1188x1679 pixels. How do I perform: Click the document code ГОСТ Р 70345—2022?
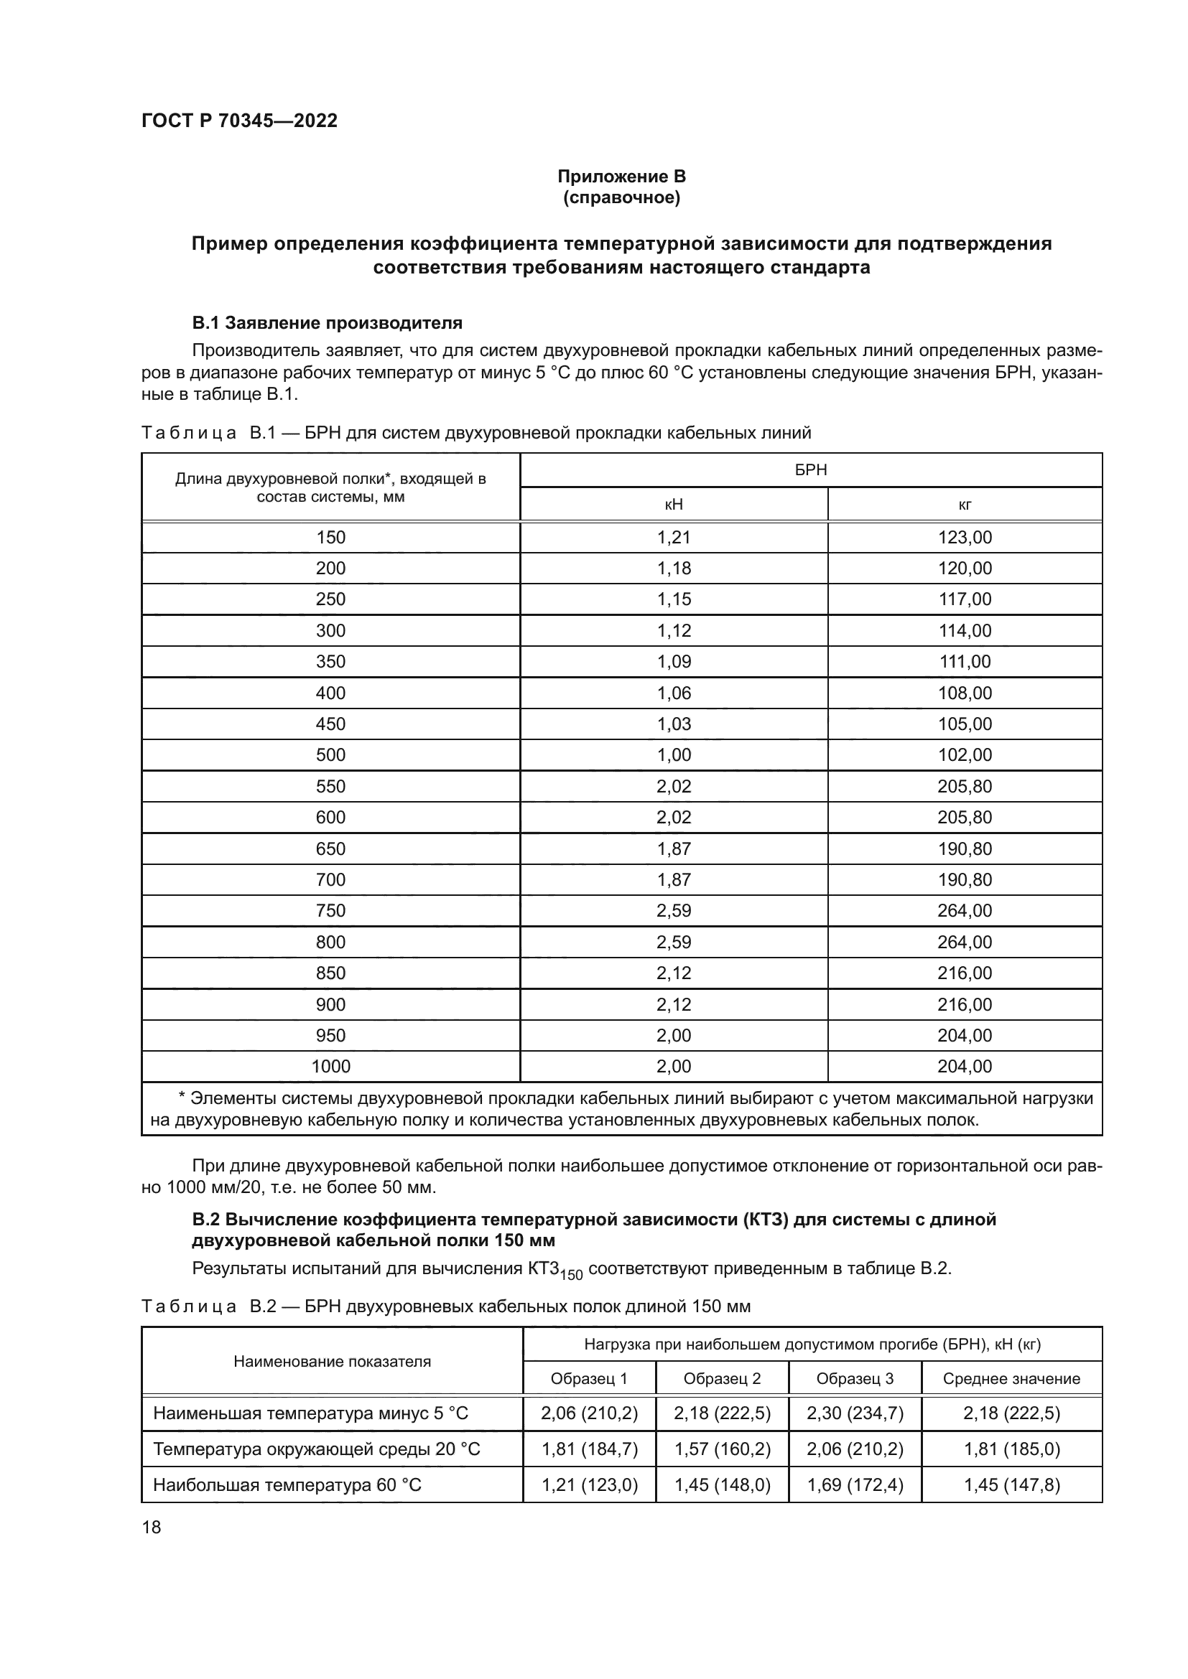[239, 121]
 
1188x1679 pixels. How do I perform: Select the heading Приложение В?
[621, 177]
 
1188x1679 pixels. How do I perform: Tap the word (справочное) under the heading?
[621, 197]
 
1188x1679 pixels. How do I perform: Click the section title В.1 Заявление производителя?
[327, 322]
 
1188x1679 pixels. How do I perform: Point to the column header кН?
[673, 505]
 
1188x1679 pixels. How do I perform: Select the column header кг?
[964, 505]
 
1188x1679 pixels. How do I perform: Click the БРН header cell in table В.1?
[810, 470]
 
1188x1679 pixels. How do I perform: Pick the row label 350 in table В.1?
[330, 662]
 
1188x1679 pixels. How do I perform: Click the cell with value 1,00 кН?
[673, 755]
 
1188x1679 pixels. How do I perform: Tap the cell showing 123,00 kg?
[964, 538]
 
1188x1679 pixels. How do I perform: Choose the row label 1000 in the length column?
[330, 1066]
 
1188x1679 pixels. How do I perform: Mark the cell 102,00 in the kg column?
[964, 755]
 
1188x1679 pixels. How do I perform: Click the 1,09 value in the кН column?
[673, 662]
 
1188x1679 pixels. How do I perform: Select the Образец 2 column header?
[721, 1378]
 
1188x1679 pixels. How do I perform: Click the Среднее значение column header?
[1011, 1378]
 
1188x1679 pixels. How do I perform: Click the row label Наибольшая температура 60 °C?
[287, 1484]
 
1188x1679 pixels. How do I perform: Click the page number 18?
[152, 1527]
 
